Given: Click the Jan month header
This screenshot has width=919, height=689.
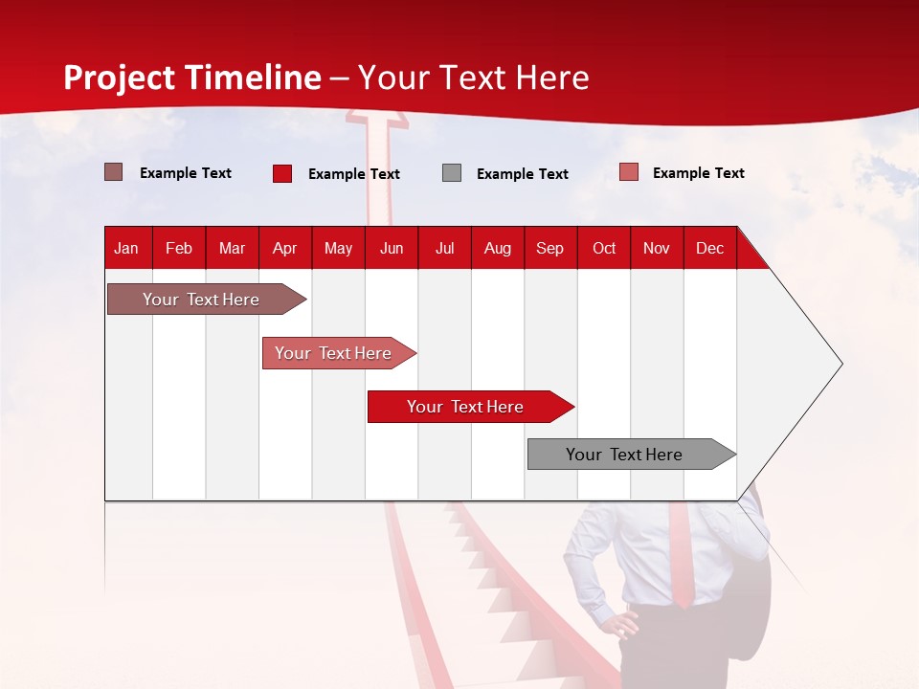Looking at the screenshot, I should point(126,248).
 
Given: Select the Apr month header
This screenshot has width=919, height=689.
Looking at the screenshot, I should point(284,248).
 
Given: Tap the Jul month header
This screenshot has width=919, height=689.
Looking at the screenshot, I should point(444,248).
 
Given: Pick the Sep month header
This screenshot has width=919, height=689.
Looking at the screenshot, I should point(549,248).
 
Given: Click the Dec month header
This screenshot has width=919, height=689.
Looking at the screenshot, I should point(709,248).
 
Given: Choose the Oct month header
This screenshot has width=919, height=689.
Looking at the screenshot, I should point(604,248).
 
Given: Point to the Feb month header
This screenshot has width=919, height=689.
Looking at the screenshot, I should point(179,248).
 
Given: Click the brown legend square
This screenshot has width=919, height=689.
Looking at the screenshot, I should point(114,172).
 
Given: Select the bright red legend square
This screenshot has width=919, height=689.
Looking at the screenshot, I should point(282,173).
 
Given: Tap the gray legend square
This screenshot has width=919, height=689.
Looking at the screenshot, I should point(452,172).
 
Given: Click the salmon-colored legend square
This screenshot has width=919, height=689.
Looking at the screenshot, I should point(629,172).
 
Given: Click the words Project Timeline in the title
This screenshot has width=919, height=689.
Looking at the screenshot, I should point(192,78).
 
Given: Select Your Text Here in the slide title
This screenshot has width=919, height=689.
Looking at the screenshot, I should point(474,78).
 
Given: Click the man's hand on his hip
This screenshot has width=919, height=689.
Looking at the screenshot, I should point(624,624).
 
